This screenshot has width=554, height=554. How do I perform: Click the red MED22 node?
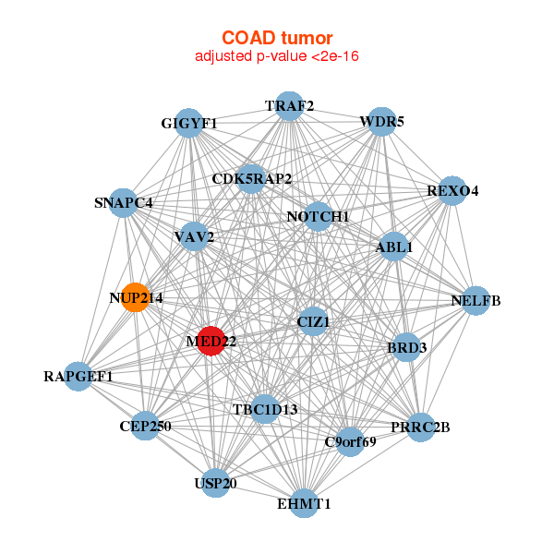point(211,341)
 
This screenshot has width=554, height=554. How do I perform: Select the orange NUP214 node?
point(136,297)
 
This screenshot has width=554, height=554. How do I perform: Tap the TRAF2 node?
point(290,106)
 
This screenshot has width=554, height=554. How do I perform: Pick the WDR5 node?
point(382,121)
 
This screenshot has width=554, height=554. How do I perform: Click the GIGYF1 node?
point(189,124)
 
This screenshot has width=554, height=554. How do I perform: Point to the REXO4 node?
point(452,191)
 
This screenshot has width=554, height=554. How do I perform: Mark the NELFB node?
point(475,301)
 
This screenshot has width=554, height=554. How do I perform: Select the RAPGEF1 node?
point(78,377)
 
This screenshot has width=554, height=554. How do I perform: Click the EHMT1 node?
point(304,503)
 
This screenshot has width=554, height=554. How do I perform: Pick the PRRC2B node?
point(420,427)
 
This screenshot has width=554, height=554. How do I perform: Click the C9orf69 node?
point(350,442)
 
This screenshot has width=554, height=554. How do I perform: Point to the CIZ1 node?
point(313,321)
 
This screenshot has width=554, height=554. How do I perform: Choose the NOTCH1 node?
point(318,217)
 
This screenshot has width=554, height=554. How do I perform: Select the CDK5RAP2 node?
point(251,178)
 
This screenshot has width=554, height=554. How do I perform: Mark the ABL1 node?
point(394,247)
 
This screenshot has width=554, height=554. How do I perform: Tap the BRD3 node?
point(406,348)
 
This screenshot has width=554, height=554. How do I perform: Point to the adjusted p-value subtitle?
point(277,56)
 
